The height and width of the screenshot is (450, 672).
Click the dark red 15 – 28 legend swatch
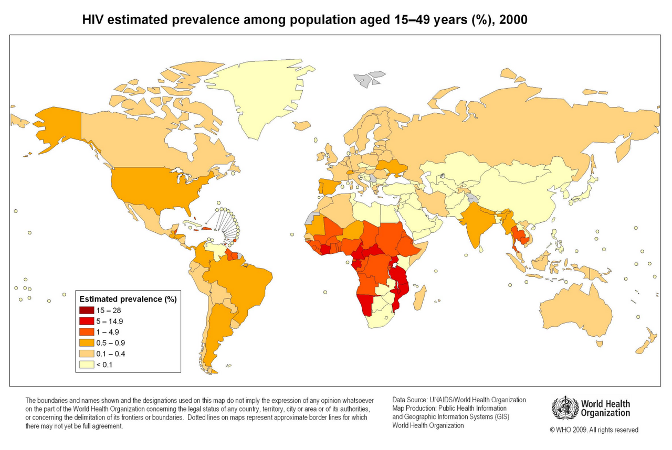(87, 310)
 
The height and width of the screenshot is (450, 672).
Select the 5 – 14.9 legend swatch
(87, 321)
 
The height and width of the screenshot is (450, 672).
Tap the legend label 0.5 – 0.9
(110, 342)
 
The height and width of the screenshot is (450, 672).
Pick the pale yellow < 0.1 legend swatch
(87, 364)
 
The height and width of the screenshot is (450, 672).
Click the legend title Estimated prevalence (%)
(128, 299)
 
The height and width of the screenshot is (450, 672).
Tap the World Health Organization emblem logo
(565, 408)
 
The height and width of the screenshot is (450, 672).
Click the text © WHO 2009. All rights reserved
(594, 430)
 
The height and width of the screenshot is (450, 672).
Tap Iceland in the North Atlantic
(301, 126)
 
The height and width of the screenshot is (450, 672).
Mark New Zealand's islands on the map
(645, 341)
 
